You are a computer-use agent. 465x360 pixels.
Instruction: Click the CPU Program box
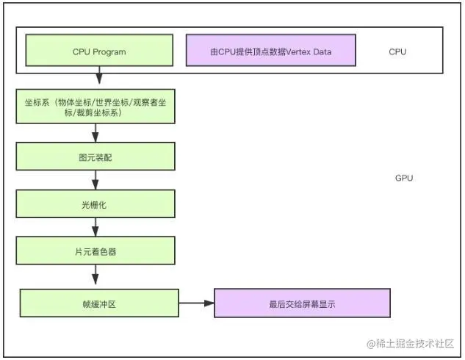[x=99, y=51]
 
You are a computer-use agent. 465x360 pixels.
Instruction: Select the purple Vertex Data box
[x=270, y=51]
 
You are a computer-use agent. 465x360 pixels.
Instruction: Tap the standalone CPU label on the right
[x=397, y=52]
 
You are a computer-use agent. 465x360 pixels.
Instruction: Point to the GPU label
[x=404, y=179]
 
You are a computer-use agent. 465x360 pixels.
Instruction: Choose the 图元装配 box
[x=95, y=156]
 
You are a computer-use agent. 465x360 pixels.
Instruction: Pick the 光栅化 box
[x=95, y=204]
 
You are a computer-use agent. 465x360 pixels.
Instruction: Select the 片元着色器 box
[x=95, y=251]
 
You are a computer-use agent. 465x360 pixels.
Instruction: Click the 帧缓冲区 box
[x=99, y=303]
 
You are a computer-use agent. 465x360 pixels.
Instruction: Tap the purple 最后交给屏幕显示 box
[x=301, y=303]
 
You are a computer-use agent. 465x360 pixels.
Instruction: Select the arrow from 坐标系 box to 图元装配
[x=95, y=132]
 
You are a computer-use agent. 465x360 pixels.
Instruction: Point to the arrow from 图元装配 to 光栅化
[x=95, y=180]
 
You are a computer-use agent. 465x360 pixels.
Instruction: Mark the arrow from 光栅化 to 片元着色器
[x=95, y=227]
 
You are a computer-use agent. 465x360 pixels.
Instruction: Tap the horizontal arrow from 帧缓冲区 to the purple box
[x=196, y=303]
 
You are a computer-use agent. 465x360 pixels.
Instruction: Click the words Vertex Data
[x=309, y=52]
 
